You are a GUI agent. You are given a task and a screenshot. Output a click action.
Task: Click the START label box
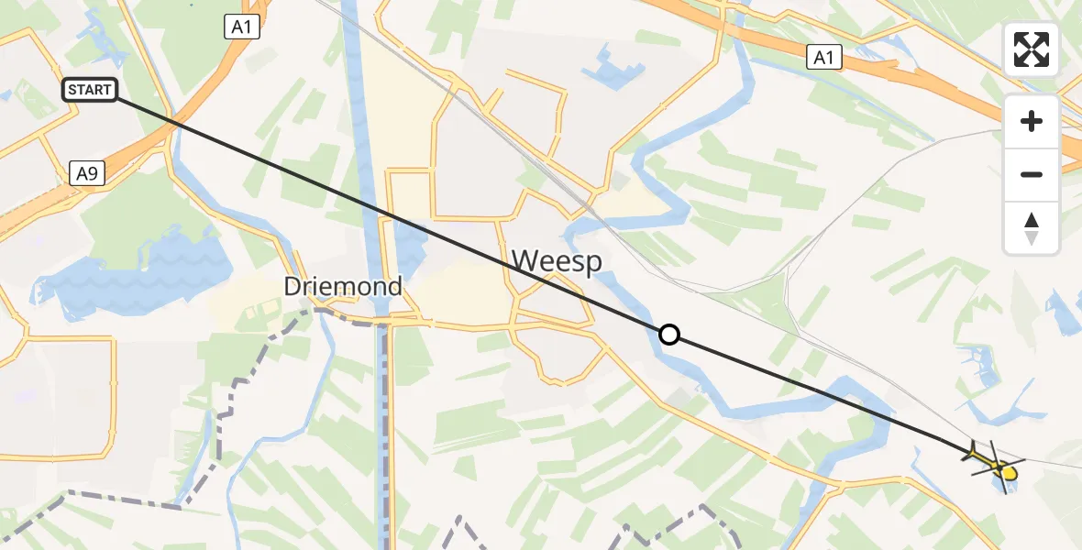coord(90,90)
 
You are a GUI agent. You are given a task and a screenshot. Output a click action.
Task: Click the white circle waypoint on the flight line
coord(669,335)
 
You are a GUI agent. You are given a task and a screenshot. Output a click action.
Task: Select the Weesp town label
coord(557,261)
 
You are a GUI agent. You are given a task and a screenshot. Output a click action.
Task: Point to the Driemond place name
coord(343,287)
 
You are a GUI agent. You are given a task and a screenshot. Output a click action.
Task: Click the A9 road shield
coord(86,171)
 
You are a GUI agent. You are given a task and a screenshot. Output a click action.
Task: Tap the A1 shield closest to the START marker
coord(241,27)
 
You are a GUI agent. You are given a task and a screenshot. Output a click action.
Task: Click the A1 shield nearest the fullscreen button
coord(824,58)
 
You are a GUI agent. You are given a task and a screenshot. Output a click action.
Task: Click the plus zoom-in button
coord(1032,121)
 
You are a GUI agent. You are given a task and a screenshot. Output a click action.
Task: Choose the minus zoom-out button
coord(1032,174)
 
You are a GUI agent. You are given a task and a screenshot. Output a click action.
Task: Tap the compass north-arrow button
coord(1032,227)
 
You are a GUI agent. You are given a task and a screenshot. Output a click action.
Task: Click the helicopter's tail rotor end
coord(972,450)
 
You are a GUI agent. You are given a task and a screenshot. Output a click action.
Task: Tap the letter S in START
coord(72,90)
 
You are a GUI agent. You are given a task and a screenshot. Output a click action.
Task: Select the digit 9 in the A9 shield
coord(92,171)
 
